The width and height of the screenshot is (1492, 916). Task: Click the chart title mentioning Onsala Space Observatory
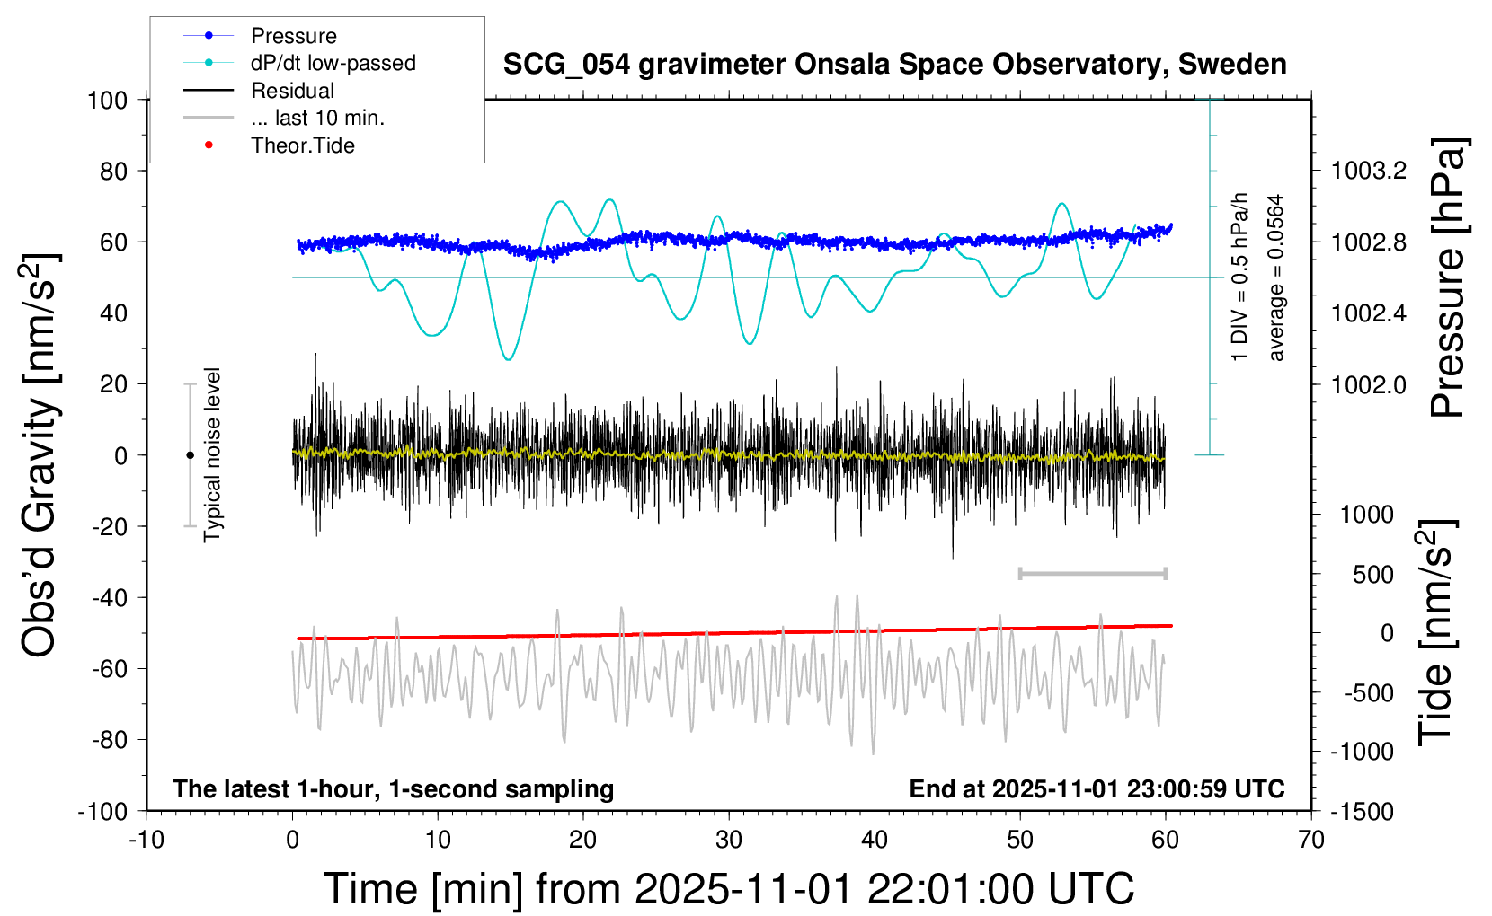click(x=894, y=65)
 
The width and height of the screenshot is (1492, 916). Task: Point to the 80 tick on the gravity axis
click(x=113, y=171)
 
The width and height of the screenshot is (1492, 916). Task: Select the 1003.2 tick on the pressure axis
click(x=1369, y=171)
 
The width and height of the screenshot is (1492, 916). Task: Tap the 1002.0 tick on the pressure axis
click(x=1369, y=384)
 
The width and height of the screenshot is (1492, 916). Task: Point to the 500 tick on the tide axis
click(x=1373, y=574)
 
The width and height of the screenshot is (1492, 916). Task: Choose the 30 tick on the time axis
click(x=729, y=841)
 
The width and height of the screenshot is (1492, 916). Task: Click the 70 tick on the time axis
click(x=1311, y=841)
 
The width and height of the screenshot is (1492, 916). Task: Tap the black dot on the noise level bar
click(x=190, y=455)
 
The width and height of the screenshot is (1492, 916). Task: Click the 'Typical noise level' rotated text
click(x=212, y=455)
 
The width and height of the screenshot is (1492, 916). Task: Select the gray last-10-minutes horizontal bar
click(x=1092, y=573)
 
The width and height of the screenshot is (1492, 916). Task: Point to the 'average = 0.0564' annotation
click(x=1276, y=278)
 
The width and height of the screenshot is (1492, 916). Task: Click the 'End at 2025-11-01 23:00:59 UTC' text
click(x=1097, y=788)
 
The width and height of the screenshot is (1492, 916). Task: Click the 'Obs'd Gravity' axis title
click(x=40, y=455)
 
